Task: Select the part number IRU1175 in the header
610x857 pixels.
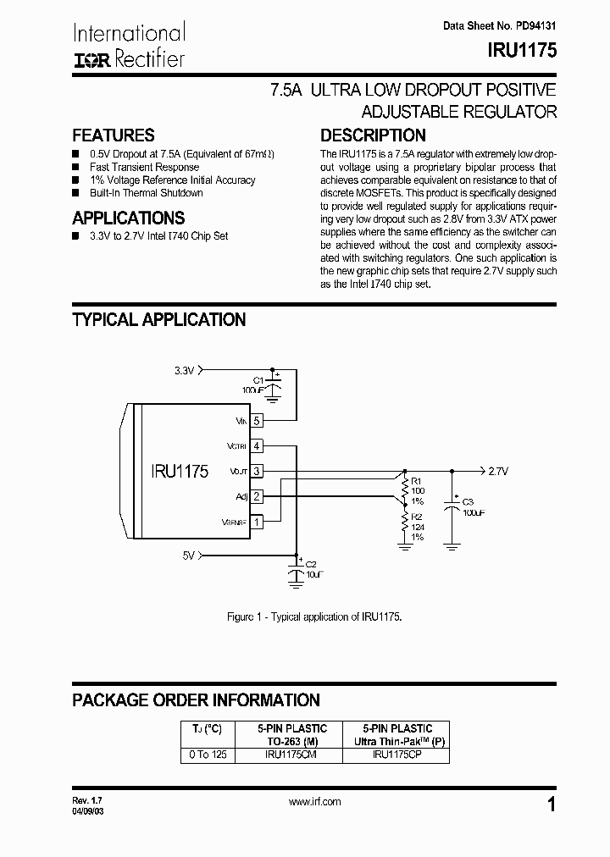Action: point(523,50)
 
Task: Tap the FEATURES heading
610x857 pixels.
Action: point(114,135)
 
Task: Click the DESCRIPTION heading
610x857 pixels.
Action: point(373,135)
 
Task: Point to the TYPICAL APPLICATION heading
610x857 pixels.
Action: point(159,320)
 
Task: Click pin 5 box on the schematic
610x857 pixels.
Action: point(257,420)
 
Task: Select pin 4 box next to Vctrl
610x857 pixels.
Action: point(257,445)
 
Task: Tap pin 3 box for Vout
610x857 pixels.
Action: point(257,471)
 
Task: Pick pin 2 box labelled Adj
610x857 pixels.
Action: point(257,496)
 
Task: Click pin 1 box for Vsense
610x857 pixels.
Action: point(257,522)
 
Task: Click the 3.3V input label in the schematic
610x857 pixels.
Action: point(185,370)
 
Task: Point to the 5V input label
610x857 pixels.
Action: point(189,555)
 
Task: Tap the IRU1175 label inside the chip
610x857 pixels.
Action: point(180,472)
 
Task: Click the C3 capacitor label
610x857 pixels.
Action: point(467,502)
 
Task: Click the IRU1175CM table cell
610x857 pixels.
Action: point(290,755)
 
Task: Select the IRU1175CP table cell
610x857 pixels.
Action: point(396,755)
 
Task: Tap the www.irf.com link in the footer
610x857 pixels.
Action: point(314,801)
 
